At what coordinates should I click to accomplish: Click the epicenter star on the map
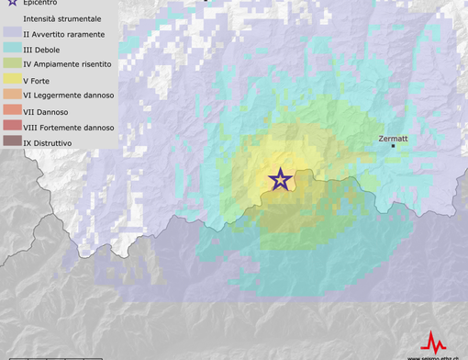pyautogui.click(x=280, y=179)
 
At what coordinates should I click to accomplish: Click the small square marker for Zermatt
pyautogui.click(x=394, y=145)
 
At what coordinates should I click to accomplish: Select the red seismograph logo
pyautogui.click(x=432, y=341)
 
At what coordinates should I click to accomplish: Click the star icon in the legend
pyautogui.click(x=11, y=4)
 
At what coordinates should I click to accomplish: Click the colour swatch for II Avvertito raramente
pyautogui.click(x=11, y=34)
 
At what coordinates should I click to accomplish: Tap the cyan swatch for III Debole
pyautogui.click(x=11, y=50)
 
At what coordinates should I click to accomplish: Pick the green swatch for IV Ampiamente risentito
pyautogui.click(x=11, y=65)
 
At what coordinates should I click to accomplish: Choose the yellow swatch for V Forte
pyautogui.click(x=11, y=81)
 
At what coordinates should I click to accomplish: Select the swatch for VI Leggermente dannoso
pyautogui.click(x=11, y=96)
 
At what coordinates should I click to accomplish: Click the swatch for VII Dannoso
pyautogui.click(x=11, y=112)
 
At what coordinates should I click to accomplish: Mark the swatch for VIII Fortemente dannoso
pyautogui.click(x=11, y=128)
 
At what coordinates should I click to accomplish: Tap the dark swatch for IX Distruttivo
pyautogui.click(x=11, y=141)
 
